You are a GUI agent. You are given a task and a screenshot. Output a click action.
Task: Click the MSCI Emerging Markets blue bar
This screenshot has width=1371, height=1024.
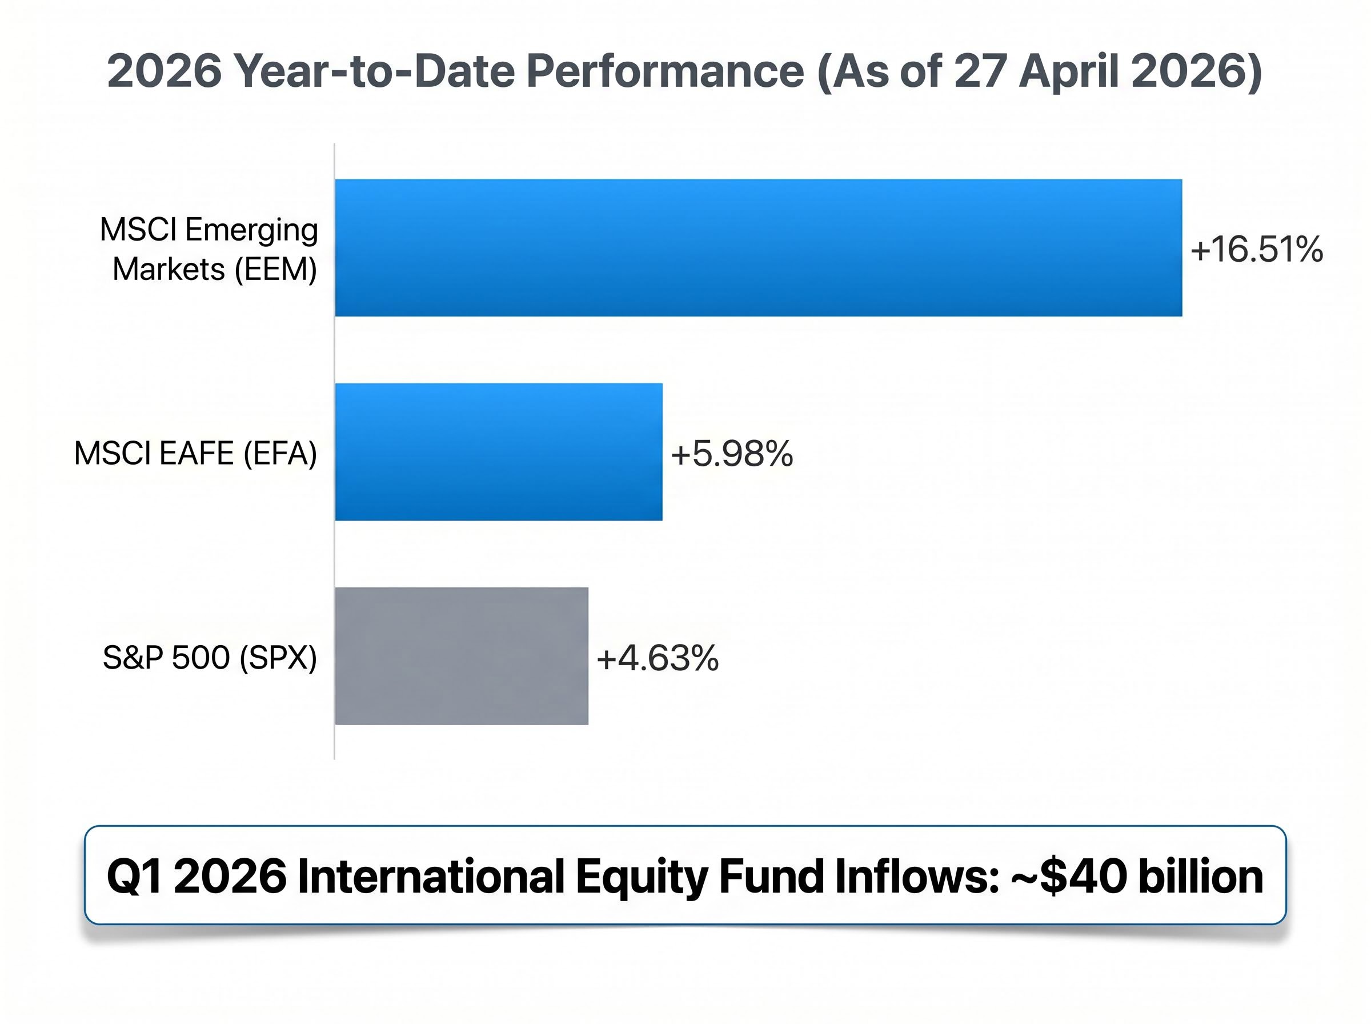(x=757, y=247)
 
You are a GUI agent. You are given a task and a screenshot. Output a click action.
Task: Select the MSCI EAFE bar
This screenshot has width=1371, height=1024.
(x=498, y=451)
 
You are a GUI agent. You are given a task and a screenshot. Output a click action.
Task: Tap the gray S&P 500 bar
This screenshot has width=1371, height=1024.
(x=461, y=655)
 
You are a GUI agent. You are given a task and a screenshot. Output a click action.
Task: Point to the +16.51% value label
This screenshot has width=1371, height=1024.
(x=1256, y=249)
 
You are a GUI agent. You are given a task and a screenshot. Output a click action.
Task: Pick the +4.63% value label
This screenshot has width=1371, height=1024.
(x=657, y=658)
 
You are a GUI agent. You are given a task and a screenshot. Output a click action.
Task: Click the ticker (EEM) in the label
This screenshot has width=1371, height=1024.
(x=275, y=270)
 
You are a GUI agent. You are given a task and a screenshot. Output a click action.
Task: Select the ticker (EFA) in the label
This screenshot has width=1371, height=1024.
(x=279, y=453)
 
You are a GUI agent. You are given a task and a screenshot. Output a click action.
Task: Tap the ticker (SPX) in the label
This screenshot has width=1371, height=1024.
(x=278, y=657)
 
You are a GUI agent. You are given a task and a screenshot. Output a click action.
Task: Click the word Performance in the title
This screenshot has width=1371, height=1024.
(x=665, y=71)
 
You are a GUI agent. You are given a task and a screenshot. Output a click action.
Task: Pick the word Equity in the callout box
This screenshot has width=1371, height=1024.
(x=641, y=877)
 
